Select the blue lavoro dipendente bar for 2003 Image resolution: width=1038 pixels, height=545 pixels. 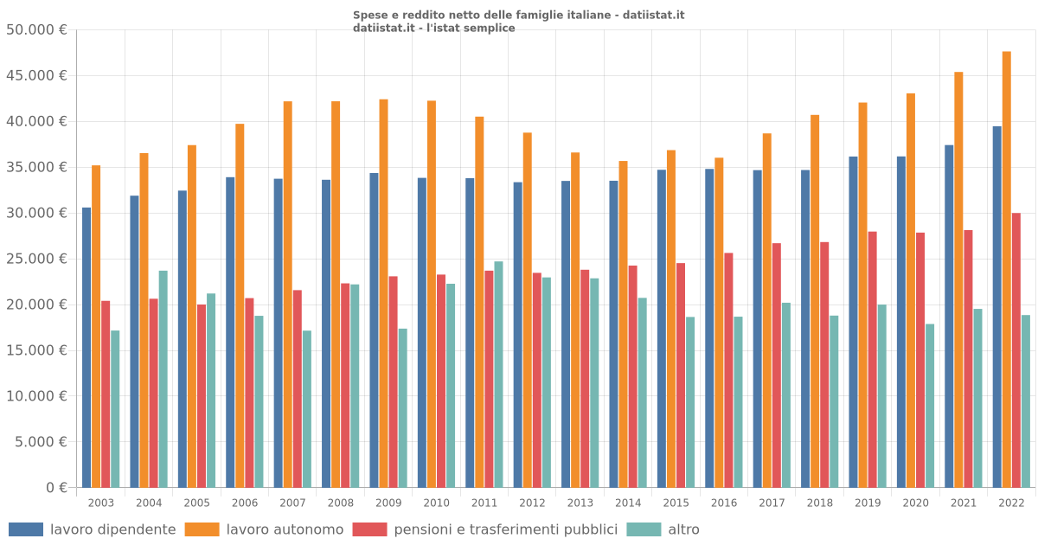(x=86, y=347)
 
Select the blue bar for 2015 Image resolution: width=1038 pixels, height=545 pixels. (x=662, y=328)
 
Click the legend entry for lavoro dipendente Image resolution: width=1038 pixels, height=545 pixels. (x=112, y=529)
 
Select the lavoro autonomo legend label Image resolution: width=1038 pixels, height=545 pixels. (x=285, y=529)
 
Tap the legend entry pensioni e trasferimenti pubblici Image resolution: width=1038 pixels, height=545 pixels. (x=505, y=529)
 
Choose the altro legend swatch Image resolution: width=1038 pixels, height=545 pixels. (x=643, y=529)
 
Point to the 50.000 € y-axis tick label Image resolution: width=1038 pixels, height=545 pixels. (x=36, y=30)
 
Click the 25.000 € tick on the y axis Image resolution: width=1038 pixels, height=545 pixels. (x=36, y=259)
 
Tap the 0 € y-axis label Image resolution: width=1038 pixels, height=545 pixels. (x=56, y=488)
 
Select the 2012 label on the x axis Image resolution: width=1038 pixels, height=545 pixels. (x=532, y=503)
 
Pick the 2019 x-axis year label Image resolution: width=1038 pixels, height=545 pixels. (x=868, y=503)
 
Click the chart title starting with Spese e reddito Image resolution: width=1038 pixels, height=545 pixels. (x=518, y=15)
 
